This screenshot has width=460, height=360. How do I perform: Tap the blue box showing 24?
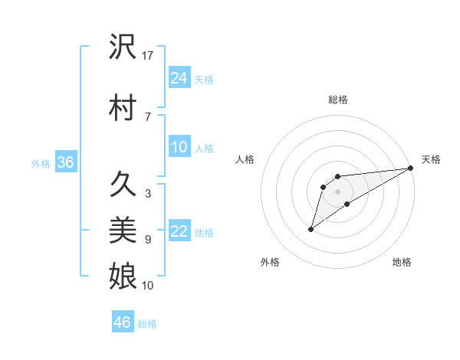point(179,77)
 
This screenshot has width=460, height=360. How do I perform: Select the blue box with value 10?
point(179,147)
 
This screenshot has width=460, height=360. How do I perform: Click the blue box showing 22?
point(179,231)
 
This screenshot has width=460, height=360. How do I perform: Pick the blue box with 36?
point(66,162)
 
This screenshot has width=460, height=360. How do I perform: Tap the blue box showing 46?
point(123,322)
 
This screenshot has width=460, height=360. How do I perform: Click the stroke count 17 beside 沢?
point(149,56)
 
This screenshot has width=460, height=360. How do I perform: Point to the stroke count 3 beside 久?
point(147,194)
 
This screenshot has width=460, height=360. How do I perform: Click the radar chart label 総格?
point(338,100)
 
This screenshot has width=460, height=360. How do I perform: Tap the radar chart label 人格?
point(245,159)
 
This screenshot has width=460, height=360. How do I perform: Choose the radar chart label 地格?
point(402,262)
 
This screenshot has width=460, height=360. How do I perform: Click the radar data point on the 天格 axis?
point(411,168)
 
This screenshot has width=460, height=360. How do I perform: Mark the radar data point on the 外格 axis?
point(310,229)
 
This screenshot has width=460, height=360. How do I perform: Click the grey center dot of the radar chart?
point(338,191)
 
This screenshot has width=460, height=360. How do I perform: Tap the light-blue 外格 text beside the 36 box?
point(40,163)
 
